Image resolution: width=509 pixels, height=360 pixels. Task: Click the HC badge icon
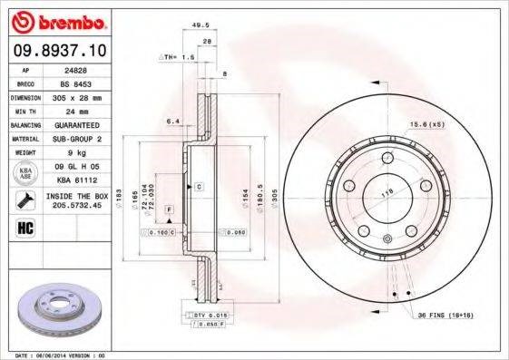[x=24, y=227]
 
